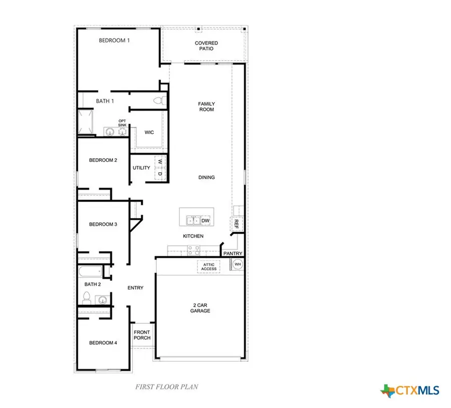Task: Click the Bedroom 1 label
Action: (114, 41)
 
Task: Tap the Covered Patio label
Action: (206, 46)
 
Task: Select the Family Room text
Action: (206, 107)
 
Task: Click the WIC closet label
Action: (149, 133)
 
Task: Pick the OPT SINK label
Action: (122, 123)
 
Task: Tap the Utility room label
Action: (141, 168)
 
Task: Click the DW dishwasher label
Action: (205, 220)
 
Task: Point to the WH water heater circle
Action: (238, 264)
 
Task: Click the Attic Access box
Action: (209, 267)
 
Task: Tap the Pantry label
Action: (233, 254)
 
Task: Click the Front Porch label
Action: (142, 335)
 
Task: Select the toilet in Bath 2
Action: (86, 299)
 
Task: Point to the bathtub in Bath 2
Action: (90, 272)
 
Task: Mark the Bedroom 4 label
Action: (103, 343)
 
